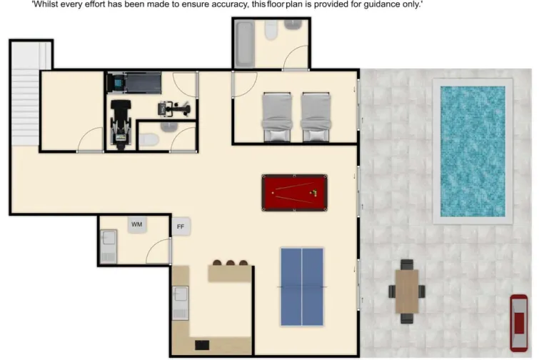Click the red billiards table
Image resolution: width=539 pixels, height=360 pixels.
point(294,193)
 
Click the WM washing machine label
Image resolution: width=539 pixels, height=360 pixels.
point(136,225)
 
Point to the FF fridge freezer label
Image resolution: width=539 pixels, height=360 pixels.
point(181,227)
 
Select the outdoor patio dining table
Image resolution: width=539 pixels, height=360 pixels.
point(406,291)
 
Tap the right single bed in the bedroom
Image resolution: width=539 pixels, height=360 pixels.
point(316,116)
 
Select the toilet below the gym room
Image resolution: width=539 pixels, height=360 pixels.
point(148,140)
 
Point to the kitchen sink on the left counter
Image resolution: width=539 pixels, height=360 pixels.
point(181,303)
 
